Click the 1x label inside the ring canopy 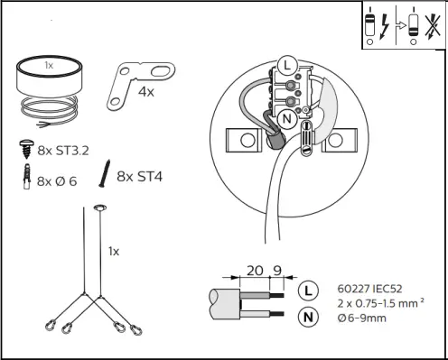pos(51,67)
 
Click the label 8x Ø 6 pos(59,180)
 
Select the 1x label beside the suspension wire pos(114,250)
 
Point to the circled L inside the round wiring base pos(286,65)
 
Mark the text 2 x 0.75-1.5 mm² pos(375,305)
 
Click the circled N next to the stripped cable pos(308,316)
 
